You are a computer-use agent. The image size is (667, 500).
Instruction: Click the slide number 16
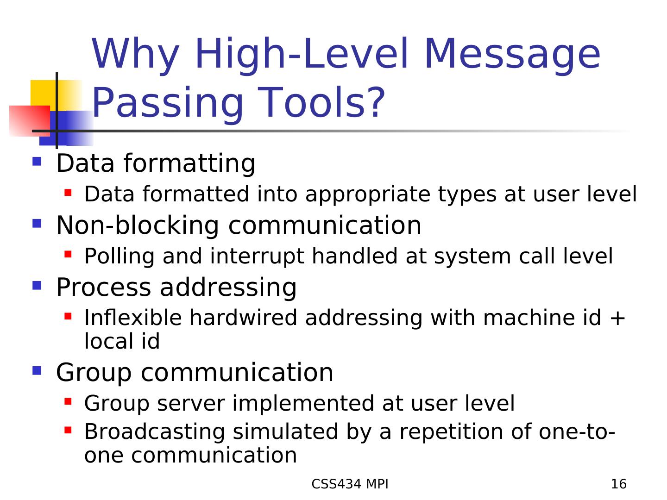pos(618,484)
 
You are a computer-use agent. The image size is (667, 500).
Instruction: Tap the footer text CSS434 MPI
pos(350,484)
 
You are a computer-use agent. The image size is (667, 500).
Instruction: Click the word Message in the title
pos(512,54)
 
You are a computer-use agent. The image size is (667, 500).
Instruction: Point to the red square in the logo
pos(30,121)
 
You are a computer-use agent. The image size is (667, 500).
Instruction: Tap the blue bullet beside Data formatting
pos(37,161)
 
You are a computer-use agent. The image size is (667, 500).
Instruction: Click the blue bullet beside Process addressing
pos(37,285)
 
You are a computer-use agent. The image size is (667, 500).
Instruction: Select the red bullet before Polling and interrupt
pos(68,254)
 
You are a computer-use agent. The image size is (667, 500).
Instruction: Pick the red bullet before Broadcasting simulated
pos(68,430)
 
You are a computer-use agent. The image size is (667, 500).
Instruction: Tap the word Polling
pos(120,256)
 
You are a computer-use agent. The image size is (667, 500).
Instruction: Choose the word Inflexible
pos(133,318)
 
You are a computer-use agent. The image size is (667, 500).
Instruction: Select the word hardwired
pos(243,318)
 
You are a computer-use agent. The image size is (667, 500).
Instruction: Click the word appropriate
pos(368,195)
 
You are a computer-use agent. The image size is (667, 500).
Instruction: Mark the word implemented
pos(303,404)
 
